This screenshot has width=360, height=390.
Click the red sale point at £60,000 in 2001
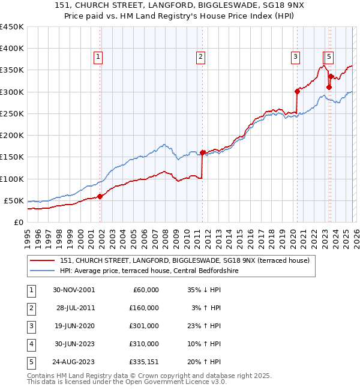tap(100, 196)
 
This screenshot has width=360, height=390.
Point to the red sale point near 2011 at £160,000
tap(203, 152)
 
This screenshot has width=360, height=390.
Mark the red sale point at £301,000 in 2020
tap(297, 91)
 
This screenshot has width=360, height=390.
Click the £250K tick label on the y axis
tap(11, 113)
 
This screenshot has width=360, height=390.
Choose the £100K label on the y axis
tap(11, 179)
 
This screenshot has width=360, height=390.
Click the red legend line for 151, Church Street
tap(42, 260)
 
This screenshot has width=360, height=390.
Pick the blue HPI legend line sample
tap(42, 271)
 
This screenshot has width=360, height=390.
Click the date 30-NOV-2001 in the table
tap(74, 290)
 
